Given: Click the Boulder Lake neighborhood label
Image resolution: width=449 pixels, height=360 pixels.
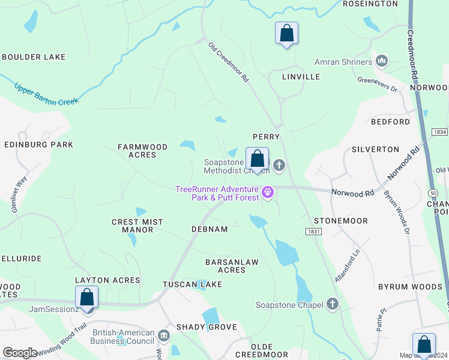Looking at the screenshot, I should (x=34, y=57).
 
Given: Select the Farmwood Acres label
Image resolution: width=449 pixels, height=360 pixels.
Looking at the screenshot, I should (x=137, y=151).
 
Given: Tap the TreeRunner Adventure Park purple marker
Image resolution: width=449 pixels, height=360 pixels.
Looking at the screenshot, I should (x=268, y=193).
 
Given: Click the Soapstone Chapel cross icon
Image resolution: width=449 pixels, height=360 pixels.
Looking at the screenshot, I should (x=333, y=304).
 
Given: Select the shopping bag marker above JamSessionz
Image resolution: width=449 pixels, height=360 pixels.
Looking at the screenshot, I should (x=86, y=296).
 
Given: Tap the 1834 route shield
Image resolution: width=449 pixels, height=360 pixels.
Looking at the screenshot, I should (x=439, y=131).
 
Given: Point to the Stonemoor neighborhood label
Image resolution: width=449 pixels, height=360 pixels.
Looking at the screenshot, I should (x=340, y=221).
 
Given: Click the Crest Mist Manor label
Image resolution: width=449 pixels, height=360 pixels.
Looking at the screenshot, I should (x=137, y=226).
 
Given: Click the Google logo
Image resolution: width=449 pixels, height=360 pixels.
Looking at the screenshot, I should (x=20, y=352).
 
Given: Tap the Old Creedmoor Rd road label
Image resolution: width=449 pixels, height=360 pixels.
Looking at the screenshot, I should (x=229, y=61).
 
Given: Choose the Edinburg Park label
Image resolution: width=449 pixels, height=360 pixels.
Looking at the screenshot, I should (x=38, y=145).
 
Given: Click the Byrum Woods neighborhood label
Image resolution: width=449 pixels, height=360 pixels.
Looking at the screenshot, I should (x=410, y=287).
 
